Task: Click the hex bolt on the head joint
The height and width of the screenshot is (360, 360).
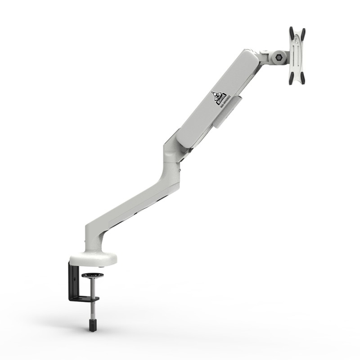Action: [279, 58]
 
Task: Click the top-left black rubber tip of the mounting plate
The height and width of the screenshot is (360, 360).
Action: [291, 32]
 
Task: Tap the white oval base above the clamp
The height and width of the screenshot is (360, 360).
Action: [93, 258]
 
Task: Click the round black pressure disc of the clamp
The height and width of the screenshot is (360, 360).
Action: [92, 275]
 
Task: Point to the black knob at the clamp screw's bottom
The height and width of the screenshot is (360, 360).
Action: [92, 324]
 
